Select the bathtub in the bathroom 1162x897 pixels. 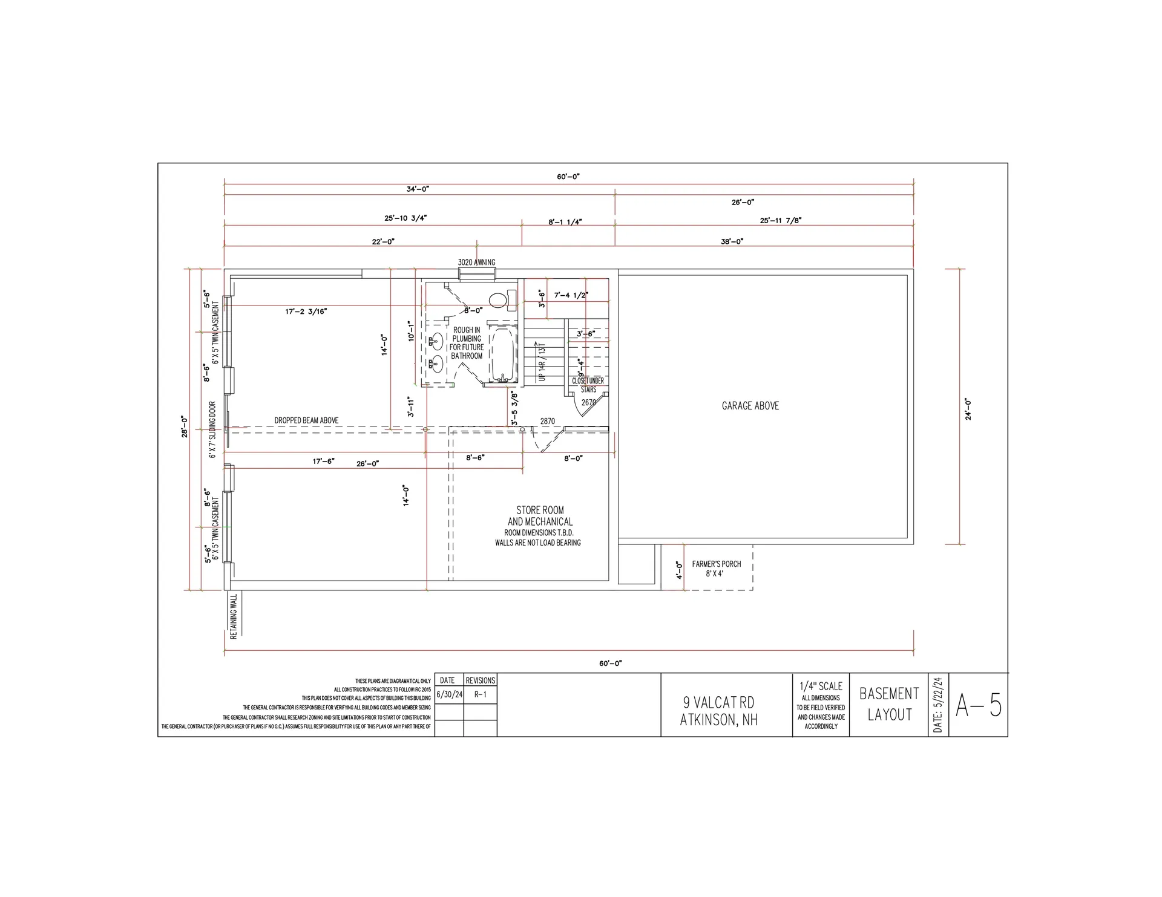[502, 354]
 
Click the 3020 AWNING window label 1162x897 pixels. [476, 263]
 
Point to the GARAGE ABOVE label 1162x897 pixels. [750, 406]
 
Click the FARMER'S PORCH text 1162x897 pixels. [717, 564]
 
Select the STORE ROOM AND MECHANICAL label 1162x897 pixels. [540, 516]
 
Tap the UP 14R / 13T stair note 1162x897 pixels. [542, 361]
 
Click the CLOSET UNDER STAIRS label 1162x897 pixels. [588, 385]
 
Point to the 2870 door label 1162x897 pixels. [547, 421]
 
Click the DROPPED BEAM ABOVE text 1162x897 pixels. [306, 420]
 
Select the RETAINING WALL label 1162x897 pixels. [234, 616]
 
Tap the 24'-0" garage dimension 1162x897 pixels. [968, 409]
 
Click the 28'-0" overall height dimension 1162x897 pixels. [185, 426]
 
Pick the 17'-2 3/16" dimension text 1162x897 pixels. [306, 312]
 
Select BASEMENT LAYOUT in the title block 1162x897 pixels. [889, 704]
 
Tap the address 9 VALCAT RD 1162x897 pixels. [718, 702]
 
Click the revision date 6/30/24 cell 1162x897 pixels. [449, 694]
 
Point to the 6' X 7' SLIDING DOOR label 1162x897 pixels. [213, 429]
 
